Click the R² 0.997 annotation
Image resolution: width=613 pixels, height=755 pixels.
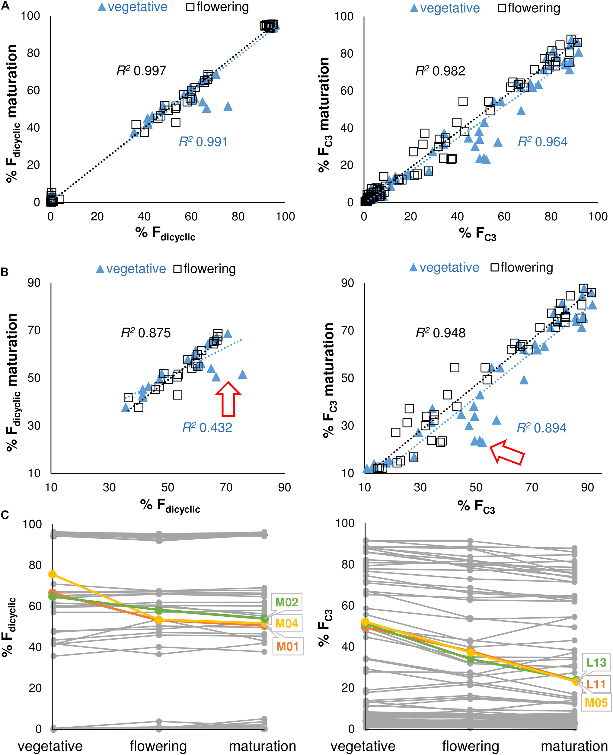141,71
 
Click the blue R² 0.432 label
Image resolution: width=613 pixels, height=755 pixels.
207,428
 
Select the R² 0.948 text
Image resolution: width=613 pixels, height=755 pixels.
440,333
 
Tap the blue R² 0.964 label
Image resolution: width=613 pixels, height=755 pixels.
542,142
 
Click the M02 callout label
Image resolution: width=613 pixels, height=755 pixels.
286,602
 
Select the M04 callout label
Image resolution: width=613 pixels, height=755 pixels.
286,624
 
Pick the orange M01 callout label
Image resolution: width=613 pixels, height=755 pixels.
287,646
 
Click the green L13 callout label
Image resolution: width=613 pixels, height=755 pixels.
596,662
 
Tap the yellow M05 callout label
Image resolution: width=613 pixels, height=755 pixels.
596,702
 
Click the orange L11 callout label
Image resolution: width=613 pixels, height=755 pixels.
596,684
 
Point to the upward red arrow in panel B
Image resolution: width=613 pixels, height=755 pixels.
228,399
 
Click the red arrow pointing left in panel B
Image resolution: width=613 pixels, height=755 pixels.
507,453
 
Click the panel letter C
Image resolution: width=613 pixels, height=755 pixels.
5,515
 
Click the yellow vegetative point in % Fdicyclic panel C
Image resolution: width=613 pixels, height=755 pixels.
52,574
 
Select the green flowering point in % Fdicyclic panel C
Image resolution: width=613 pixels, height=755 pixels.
158,610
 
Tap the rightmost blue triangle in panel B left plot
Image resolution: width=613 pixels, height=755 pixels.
242,374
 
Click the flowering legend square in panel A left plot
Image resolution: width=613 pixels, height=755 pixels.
190,7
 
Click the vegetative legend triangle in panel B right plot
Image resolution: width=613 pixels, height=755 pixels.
413,268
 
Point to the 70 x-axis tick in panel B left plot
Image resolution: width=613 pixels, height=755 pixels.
226,487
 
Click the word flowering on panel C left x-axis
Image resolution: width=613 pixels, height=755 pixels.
158,746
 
